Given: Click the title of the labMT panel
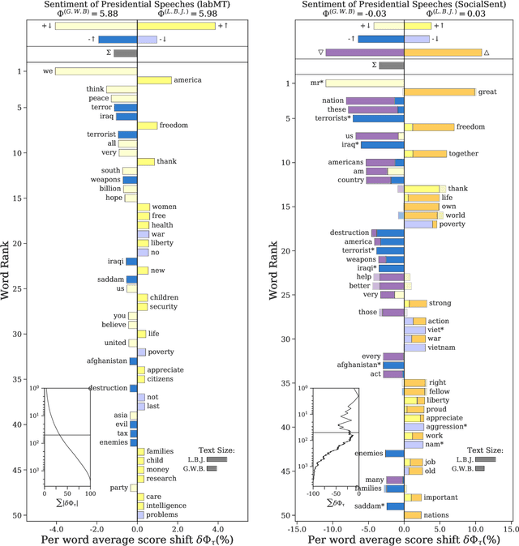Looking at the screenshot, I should (137, 4).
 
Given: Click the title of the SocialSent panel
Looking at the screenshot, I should (403, 4).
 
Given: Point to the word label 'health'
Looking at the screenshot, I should (162, 225).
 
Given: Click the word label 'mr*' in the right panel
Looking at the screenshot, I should (317, 83).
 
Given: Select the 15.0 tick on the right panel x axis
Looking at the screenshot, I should (509, 531).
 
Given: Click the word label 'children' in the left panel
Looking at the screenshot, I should (165, 297).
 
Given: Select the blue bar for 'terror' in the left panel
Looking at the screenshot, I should (125, 107).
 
